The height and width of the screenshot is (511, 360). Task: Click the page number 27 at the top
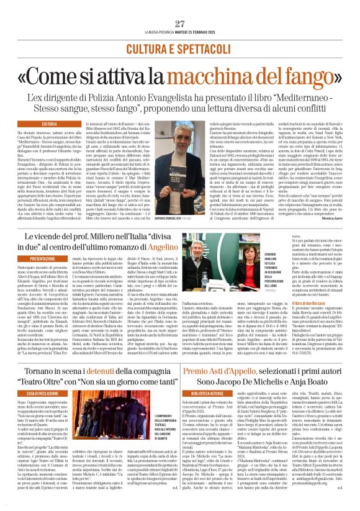(x=179, y=6)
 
